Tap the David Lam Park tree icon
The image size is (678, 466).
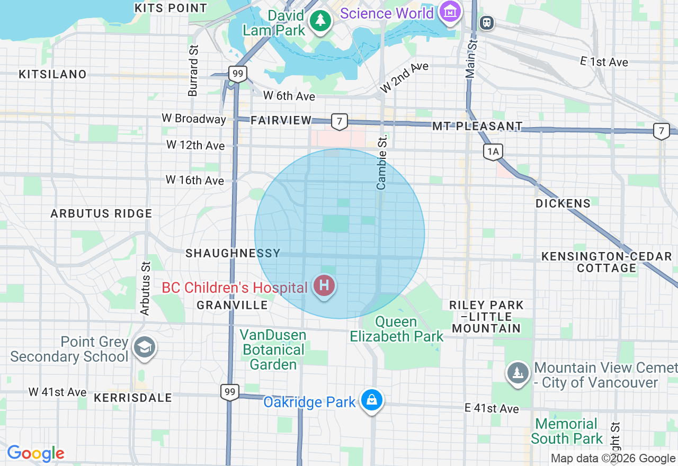320,21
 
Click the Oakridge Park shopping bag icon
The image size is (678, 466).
372,400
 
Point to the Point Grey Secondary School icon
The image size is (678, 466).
144,347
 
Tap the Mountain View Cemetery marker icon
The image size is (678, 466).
518,373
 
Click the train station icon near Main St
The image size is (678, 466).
486,22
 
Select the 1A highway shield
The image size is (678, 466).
493,152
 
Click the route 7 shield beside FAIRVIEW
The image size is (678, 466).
339,122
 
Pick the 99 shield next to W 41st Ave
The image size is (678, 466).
229,392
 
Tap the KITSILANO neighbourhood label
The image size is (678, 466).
52,74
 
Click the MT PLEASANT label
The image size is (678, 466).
477,126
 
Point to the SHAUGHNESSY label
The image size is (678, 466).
233,254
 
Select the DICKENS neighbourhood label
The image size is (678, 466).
563,203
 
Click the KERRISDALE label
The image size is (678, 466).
133,398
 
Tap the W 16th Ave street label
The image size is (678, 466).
194,181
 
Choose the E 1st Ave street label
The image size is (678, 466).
604,62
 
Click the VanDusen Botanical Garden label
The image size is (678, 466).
273,349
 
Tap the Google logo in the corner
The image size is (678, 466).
35,454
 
